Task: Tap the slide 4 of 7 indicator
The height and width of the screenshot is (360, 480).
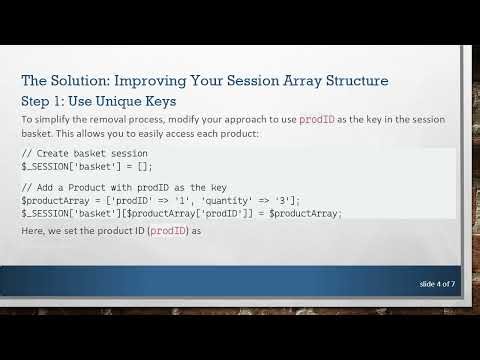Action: tap(436, 285)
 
